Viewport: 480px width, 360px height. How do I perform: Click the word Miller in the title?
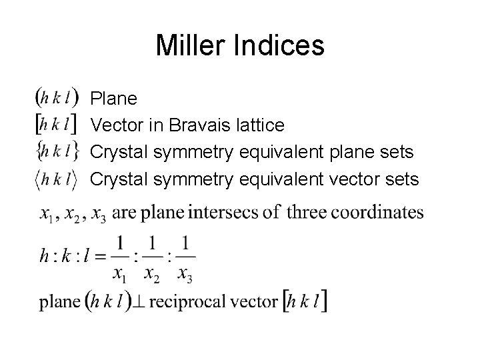(x=190, y=46)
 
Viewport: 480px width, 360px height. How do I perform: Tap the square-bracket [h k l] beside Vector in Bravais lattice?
(x=57, y=125)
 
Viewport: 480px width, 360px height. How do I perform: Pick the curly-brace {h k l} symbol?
(x=57, y=152)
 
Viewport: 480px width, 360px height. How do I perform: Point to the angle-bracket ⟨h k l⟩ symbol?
(x=57, y=179)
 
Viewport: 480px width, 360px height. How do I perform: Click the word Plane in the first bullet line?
(x=114, y=99)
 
